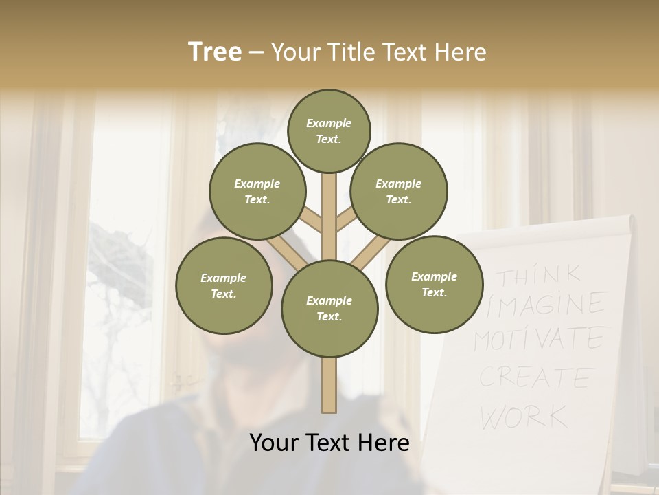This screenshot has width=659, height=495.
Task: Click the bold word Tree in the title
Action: click(215, 52)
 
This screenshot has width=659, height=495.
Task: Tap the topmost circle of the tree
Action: click(329, 131)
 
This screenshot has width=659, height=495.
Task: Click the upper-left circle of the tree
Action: click(257, 191)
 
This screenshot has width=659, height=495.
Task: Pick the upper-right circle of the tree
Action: click(399, 191)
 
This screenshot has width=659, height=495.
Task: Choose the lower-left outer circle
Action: click(224, 285)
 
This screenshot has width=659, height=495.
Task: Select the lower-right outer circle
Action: click(434, 284)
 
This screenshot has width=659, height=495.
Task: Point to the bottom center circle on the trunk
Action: click(329, 309)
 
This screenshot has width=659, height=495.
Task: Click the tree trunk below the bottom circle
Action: click(329, 385)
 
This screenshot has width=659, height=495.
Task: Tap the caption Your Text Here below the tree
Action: click(329, 443)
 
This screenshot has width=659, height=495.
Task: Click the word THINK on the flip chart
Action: click(539, 276)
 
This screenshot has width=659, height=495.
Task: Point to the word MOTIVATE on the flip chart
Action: click(539, 339)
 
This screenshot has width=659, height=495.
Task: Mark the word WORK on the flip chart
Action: click(524, 416)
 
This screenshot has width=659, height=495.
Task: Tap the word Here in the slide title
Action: click(460, 52)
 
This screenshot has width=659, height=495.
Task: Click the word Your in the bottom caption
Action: click(273, 443)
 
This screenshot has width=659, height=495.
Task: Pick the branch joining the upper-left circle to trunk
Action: click(311, 219)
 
